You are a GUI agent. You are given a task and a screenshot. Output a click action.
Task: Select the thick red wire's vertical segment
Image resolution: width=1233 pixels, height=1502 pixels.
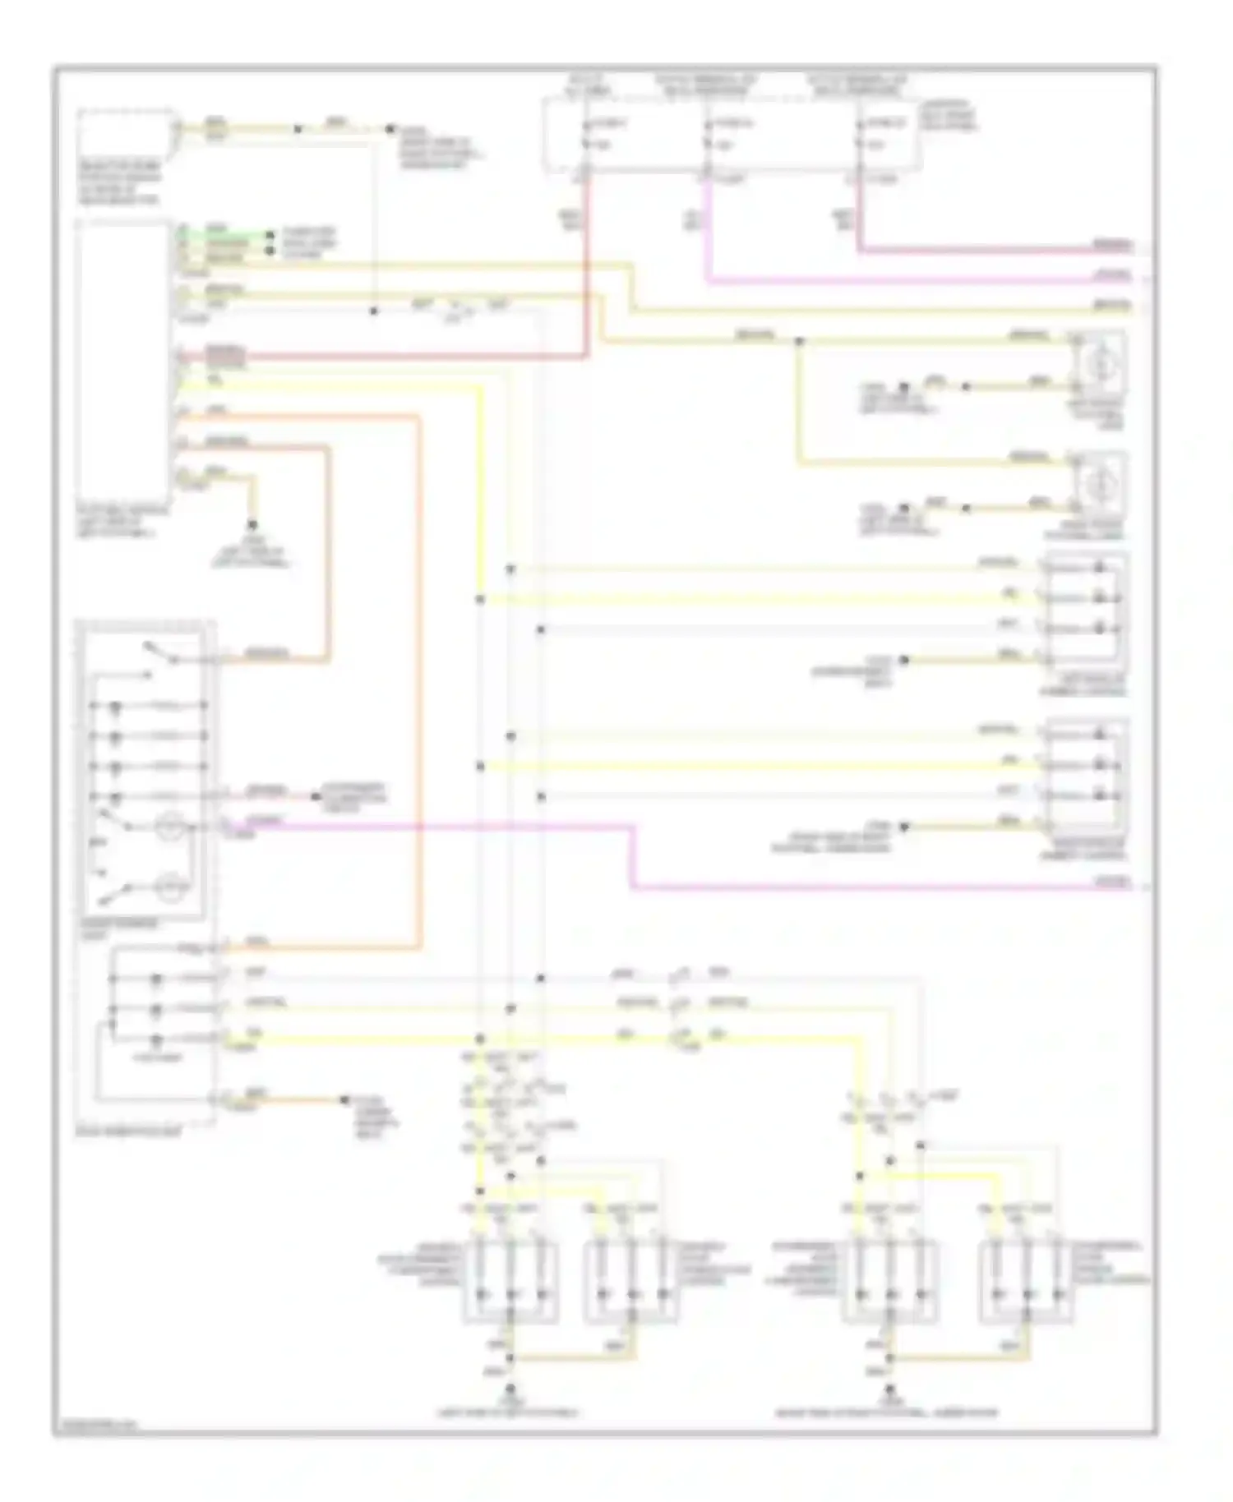(x=588, y=271)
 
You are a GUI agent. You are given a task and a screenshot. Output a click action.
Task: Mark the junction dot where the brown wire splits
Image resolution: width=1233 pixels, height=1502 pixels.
(x=798, y=340)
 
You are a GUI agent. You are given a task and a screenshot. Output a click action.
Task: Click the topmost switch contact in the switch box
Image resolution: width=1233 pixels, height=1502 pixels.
(x=160, y=652)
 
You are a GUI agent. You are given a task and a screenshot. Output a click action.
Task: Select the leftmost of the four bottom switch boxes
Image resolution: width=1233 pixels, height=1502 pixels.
(x=510, y=1283)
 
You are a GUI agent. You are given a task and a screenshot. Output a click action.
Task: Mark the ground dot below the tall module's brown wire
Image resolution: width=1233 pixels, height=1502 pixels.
(x=252, y=524)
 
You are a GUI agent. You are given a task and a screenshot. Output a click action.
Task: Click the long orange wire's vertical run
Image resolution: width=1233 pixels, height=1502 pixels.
(x=420, y=682)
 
